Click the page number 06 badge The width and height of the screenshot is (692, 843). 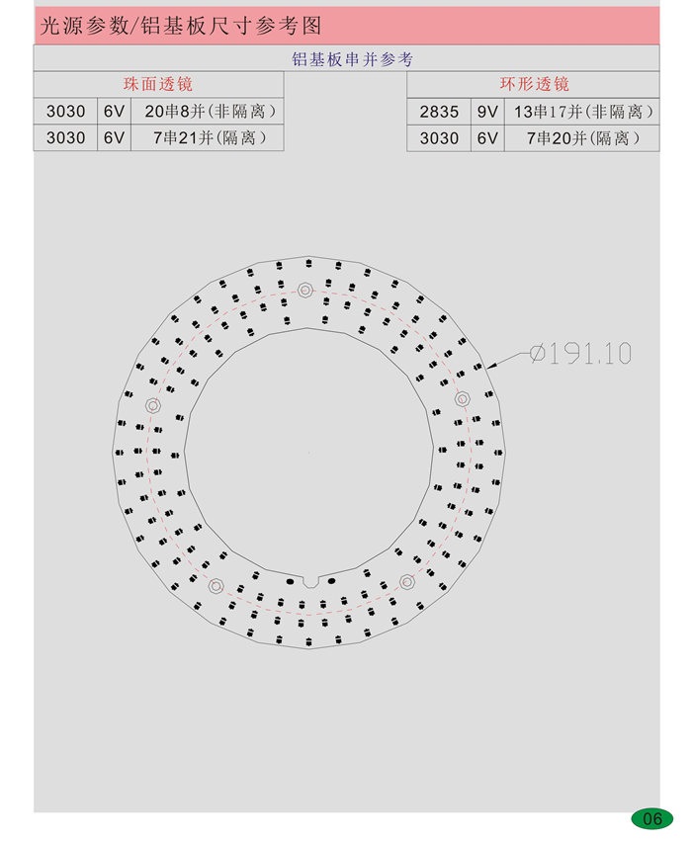click(x=651, y=818)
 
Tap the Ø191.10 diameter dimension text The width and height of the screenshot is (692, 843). click(x=580, y=353)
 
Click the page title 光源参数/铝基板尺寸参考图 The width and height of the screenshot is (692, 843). click(x=181, y=26)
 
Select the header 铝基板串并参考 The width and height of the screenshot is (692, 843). click(x=352, y=59)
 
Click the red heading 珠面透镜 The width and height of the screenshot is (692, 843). click(x=157, y=84)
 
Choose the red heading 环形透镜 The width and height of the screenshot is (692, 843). click(x=534, y=84)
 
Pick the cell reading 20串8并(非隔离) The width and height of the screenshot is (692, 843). click(x=210, y=112)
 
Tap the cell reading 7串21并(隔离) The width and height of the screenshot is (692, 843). click(x=210, y=138)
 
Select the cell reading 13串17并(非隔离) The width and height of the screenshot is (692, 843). click(x=583, y=112)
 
